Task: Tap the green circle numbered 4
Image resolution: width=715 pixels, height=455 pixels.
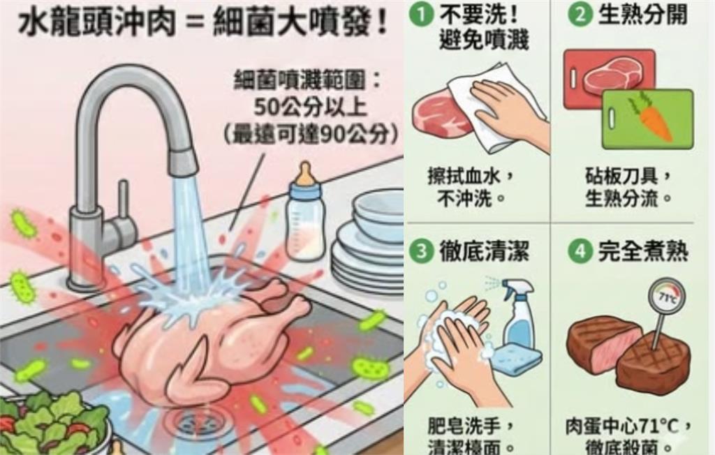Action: pyautogui.click(x=580, y=251)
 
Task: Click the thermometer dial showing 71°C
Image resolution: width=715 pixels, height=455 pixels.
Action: pyautogui.click(x=666, y=296)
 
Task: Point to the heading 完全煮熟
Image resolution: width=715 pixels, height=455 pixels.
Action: pyautogui.click(x=642, y=251)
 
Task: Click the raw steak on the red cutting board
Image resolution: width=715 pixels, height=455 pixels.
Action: pyautogui.click(x=612, y=75)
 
